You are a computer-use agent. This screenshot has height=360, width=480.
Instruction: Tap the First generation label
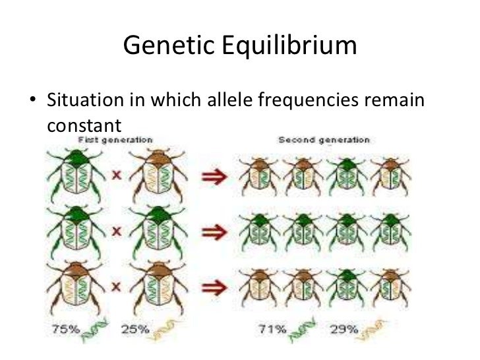pos(116,140)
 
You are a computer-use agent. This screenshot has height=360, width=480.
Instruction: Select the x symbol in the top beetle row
pos(115,177)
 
